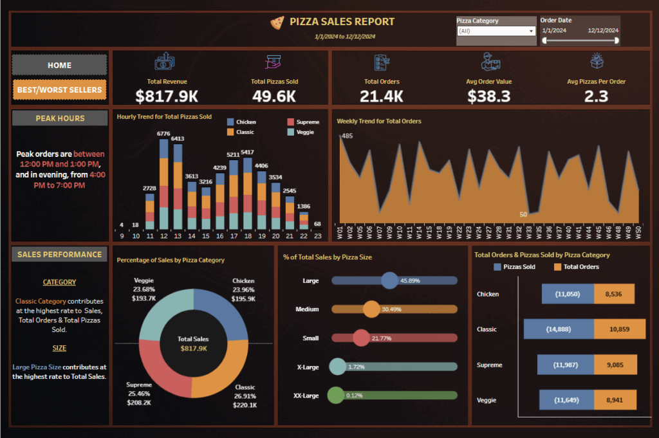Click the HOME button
pos(59,65)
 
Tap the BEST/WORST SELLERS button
pos(59,89)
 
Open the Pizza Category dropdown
pos(496,31)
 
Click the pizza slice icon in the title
pos(277,23)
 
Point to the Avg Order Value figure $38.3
pos(488,96)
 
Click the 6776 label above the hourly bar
pos(163,134)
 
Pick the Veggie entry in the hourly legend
pos(302,132)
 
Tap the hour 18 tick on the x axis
pos(248,236)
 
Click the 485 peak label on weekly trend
pos(348,136)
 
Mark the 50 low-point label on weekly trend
pos(523,214)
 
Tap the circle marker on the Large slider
pos(389,280)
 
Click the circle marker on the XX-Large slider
pos(336,395)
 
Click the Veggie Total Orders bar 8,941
pos(614,400)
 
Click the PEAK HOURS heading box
pos(59,118)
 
